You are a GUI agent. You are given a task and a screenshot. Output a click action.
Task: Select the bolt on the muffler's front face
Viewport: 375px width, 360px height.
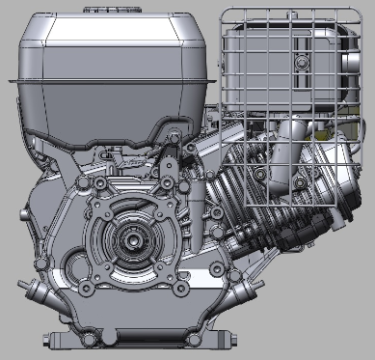(x=301, y=62)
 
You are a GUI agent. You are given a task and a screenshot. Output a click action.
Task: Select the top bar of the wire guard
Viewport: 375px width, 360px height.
(x=289, y=13)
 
